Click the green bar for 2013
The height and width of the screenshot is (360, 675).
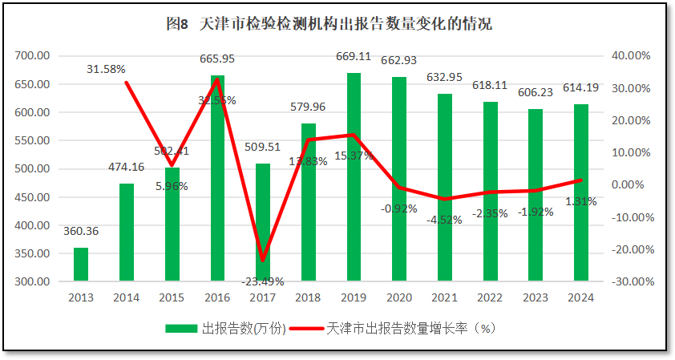81,265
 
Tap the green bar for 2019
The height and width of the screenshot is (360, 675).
354,176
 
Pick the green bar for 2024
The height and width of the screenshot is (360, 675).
581,192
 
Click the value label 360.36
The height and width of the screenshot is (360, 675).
81,231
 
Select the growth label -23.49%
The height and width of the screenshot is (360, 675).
263,281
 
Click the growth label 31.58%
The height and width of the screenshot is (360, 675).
106,69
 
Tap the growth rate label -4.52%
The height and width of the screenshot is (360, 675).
444,220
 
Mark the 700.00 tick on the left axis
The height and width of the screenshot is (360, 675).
33,55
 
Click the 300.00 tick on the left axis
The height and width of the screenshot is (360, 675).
33,282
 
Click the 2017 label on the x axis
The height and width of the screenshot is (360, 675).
263,298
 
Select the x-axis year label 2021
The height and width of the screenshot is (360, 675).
445,298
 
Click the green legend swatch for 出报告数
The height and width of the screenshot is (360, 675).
182,329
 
